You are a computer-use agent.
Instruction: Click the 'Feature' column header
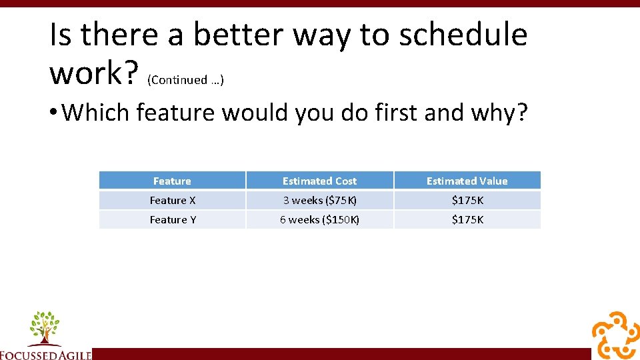172,181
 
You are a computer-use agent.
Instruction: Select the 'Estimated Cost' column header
319,181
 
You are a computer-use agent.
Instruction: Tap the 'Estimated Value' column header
467,181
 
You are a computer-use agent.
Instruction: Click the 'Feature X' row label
173,200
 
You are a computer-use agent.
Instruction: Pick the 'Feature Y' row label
173,219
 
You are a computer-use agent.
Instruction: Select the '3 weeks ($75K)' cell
319,200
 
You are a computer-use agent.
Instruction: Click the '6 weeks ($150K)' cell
319,219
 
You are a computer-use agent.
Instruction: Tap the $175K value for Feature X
467,200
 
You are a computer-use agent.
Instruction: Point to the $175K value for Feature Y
467,219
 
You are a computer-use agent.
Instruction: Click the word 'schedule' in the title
463,35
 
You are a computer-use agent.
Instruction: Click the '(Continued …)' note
185,80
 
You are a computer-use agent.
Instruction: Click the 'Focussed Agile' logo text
45,355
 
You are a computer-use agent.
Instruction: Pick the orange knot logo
615,335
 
